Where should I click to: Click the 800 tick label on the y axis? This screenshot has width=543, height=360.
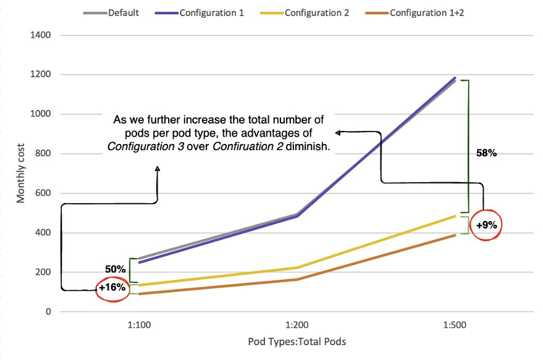pos(43,154)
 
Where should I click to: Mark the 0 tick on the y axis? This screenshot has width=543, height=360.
pos(47,312)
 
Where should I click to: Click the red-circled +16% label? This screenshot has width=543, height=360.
pos(112,287)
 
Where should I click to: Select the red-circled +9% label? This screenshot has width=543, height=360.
pos(486,225)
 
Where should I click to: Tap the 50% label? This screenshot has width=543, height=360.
pos(115,269)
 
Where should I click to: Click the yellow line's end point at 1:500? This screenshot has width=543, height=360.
pos(455,216)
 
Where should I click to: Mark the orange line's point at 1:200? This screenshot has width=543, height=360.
pos(297,280)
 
